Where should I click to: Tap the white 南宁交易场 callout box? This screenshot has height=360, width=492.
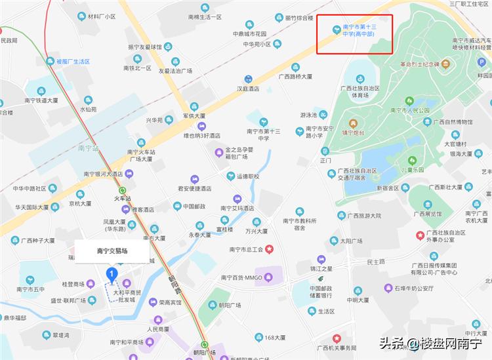click(112, 250)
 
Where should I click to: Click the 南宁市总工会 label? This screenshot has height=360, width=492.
click(247, 249)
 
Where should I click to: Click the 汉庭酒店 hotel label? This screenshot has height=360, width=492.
click(248, 89)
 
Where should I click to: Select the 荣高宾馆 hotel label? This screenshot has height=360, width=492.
click(169, 302)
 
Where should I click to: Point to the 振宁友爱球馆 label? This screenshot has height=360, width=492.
click(144, 47)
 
